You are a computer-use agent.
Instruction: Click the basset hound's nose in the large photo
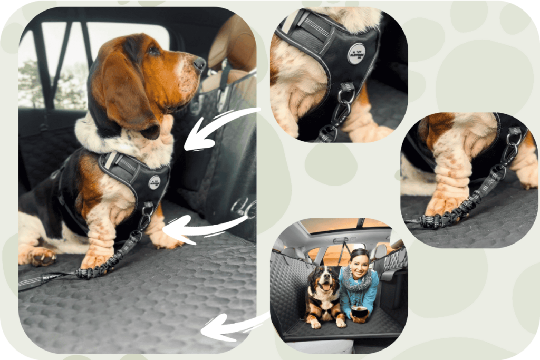[x=199, y=63]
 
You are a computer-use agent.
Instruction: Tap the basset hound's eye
[x=153, y=51]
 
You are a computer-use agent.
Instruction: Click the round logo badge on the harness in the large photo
[x=155, y=182]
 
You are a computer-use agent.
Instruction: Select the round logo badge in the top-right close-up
[x=356, y=54]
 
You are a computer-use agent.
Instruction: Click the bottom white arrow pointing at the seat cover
[x=232, y=327]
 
